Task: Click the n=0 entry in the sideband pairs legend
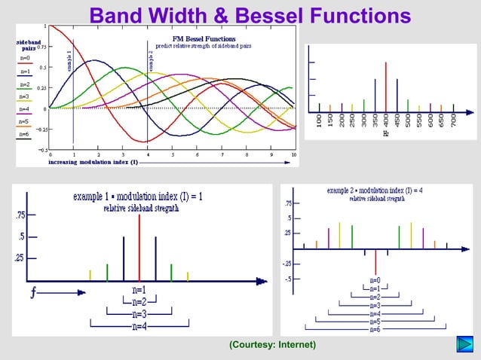[24, 57]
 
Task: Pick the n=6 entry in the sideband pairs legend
[24, 134]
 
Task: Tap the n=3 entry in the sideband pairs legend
[24, 96]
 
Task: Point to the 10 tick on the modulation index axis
[293, 154]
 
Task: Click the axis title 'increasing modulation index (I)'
[93, 162]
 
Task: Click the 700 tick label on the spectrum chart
[453, 121]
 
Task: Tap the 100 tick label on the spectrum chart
[320, 121]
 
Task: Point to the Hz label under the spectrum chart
[386, 134]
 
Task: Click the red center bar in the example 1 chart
[139, 247]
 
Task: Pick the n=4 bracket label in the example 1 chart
[139, 326]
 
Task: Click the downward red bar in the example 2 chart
[375, 261]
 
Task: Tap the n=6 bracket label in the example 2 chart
[375, 330]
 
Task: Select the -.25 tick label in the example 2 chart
[288, 264]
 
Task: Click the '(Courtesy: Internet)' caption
[272, 345]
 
